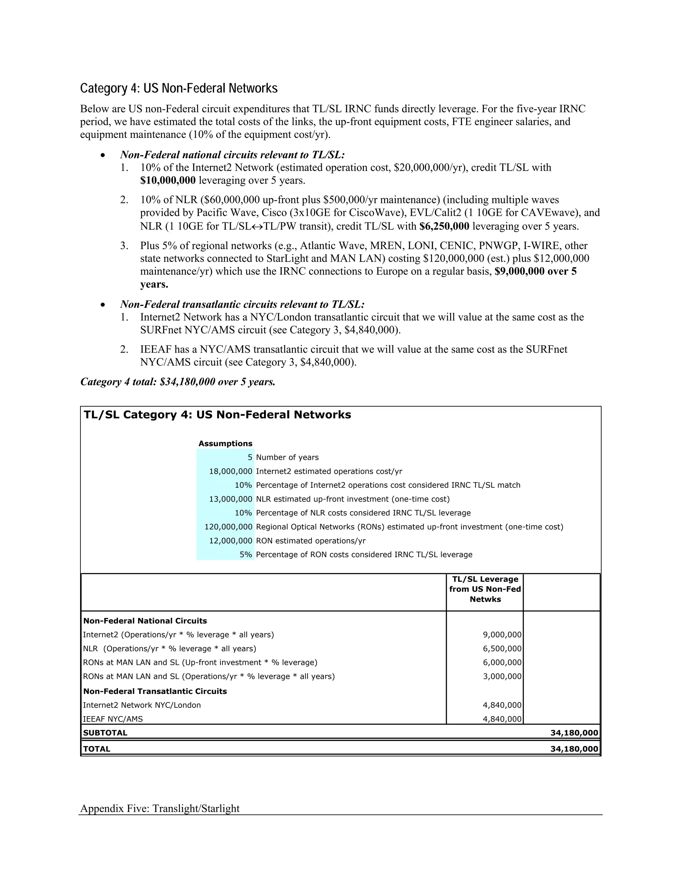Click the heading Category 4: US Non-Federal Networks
click(x=179, y=88)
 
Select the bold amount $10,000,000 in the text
click(x=168, y=180)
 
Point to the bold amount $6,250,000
click(x=444, y=226)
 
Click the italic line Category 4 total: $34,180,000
click(x=178, y=382)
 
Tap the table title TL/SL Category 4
click(x=217, y=415)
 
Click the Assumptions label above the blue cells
click(x=225, y=443)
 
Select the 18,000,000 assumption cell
click(x=230, y=471)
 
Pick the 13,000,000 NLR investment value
click(x=230, y=499)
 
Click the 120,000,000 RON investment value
click(x=228, y=527)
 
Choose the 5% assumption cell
click(x=246, y=555)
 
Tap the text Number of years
click(x=287, y=457)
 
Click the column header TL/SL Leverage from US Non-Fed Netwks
click(x=485, y=589)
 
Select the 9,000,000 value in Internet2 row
click(x=502, y=635)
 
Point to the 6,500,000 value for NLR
click(x=502, y=649)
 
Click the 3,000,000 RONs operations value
click(x=502, y=677)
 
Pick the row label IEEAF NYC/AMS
click(x=113, y=719)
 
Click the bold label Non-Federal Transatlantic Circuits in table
click(x=155, y=692)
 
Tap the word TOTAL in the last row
click(x=96, y=749)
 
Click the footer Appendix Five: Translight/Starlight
click(x=160, y=809)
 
